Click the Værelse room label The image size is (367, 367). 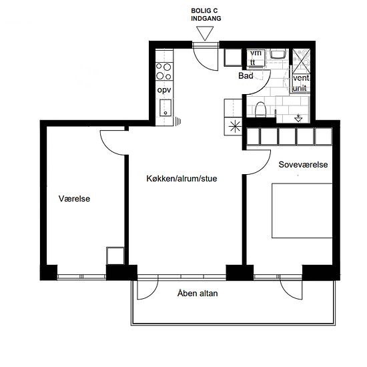[x=74, y=199]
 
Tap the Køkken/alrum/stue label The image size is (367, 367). [x=181, y=179]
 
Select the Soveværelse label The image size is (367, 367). [x=303, y=165]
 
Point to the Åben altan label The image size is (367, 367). [x=198, y=293]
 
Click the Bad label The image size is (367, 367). [x=246, y=76]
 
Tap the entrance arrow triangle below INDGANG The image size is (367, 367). [x=205, y=33]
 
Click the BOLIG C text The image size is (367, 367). [x=204, y=11]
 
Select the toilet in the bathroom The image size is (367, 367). [x=260, y=109]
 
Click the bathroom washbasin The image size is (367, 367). [x=278, y=54]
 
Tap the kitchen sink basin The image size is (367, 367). [x=165, y=107]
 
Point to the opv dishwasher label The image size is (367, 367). [x=164, y=90]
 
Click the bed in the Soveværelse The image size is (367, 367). [x=302, y=211]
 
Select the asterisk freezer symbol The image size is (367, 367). [x=235, y=127]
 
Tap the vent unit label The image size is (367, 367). [x=301, y=83]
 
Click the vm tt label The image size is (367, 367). [x=255, y=58]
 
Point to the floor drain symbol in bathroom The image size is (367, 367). [x=298, y=118]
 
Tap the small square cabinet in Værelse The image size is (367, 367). [x=115, y=256]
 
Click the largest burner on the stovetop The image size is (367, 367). [x=167, y=67]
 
